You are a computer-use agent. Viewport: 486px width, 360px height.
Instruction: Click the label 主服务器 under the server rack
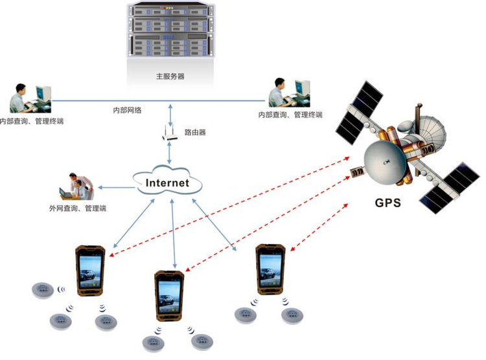click(x=170, y=76)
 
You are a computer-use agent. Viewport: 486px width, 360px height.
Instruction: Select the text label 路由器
click(x=195, y=132)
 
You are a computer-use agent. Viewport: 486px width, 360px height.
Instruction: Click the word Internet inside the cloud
click(x=167, y=183)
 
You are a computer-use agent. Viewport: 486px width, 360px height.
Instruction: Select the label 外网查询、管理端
click(x=78, y=208)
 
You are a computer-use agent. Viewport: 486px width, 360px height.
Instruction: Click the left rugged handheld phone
click(x=89, y=271)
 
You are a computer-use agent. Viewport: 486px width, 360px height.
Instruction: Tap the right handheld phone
click(x=270, y=271)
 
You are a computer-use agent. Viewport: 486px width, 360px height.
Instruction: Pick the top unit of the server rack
click(x=170, y=10)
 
